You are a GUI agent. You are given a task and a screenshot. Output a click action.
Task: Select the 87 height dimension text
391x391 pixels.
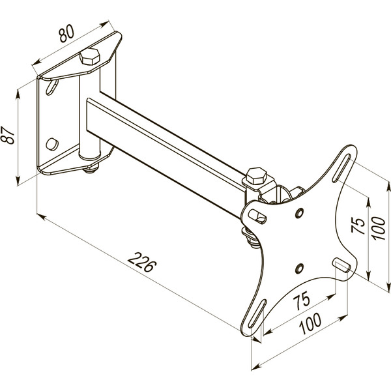[8, 135]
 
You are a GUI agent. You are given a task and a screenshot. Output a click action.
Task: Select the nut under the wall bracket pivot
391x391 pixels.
[91, 169]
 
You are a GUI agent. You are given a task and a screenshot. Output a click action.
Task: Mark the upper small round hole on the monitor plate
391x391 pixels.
[299, 213]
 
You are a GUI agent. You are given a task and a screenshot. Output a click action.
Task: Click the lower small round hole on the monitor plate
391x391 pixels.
[299, 267]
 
